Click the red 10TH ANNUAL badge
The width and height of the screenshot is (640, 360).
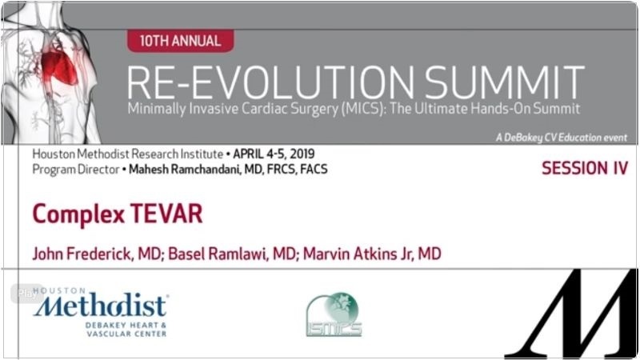[181, 41]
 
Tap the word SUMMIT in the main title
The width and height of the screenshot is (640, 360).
[505, 82]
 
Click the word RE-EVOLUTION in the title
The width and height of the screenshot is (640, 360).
[270, 82]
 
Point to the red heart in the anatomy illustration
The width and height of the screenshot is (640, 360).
[59, 66]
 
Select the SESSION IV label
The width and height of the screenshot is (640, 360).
[585, 168]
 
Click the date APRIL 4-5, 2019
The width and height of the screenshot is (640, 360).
[274, 154]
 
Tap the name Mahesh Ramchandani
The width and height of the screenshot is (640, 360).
[185, 169]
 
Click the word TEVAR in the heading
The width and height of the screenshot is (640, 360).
[166, 214]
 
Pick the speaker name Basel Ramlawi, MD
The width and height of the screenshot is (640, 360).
[232, 254]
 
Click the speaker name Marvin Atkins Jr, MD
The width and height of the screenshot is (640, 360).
[372, 254]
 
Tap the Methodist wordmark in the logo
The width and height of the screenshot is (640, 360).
[101, 306]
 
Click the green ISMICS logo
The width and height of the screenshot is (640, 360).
[334, 314]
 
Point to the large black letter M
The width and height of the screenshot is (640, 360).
[571, 314]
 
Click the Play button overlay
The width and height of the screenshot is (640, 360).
[27, 293]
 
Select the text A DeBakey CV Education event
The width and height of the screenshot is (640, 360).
[562, 138]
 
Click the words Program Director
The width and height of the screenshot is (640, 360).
[76, 169]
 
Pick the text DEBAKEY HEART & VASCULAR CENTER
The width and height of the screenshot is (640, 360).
[126, 330]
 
